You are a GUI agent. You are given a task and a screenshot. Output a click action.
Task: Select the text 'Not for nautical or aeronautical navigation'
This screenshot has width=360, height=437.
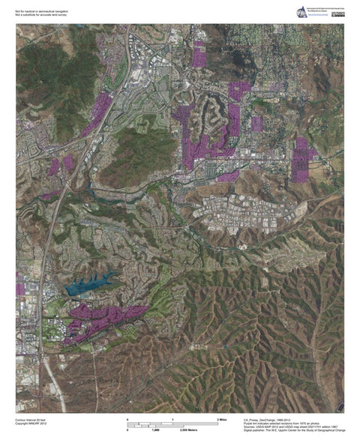tap(42, 7)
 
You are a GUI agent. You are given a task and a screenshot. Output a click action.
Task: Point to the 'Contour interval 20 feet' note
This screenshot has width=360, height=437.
tap(31, 420)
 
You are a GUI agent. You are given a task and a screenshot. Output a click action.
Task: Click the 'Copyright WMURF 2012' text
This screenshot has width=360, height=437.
tap(31, 425)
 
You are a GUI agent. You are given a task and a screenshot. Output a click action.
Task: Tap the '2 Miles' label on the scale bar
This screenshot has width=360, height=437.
tap(222, 419)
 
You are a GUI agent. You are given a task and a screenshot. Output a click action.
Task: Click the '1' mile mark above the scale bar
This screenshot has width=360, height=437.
tap(173, 419)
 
